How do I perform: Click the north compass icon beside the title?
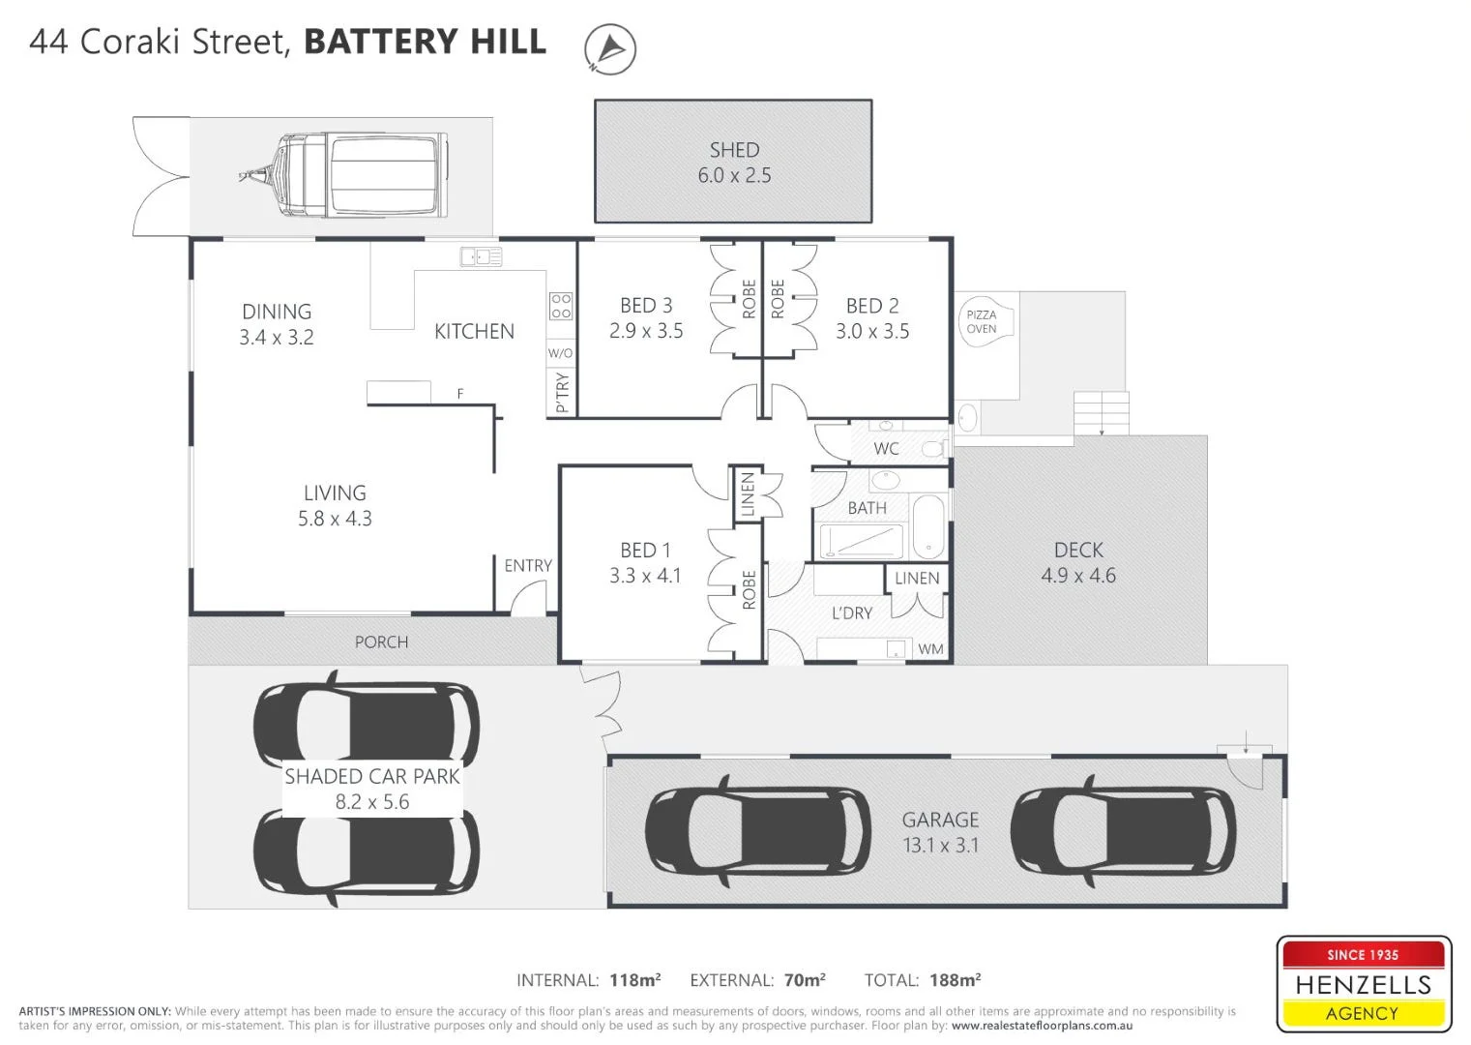[x=610, y=48]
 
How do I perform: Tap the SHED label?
[x=734, y=150]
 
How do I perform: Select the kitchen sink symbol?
[x=481, y=256]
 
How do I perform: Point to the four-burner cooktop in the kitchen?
[x=561, y=306]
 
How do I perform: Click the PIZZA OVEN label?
[x=982, y=321]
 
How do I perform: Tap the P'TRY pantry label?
[x=562, y=394]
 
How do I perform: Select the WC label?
[x=886, y=449]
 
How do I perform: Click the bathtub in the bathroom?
[x=928, y=527]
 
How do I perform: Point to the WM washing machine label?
[x=930, y=649]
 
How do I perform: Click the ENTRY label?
[x=528, y=566]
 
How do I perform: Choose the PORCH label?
[x=381, y=642]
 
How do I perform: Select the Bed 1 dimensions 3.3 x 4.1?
[x=645, y=576]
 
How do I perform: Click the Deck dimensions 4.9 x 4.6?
[x=1078, y=576]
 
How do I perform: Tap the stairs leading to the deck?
[x=1102, y=413]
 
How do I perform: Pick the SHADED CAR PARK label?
[x=372, y=777]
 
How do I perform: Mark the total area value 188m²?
[x=955, y=980]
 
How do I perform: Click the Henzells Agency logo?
[x=1363, y=984]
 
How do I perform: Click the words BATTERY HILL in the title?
[x=425, y=42]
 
